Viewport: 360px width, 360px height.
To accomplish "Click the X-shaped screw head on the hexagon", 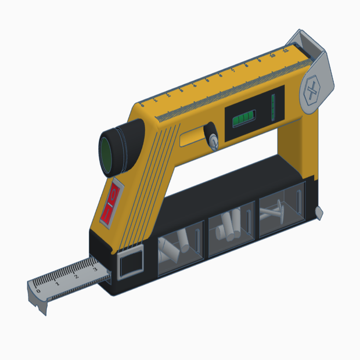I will [312, 92].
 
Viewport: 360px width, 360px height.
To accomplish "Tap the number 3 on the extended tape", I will [95, 269].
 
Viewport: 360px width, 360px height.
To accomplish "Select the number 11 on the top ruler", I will [286, 52].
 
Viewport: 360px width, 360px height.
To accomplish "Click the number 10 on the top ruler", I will [272, 56].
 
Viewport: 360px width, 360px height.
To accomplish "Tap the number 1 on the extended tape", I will [57, 283].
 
